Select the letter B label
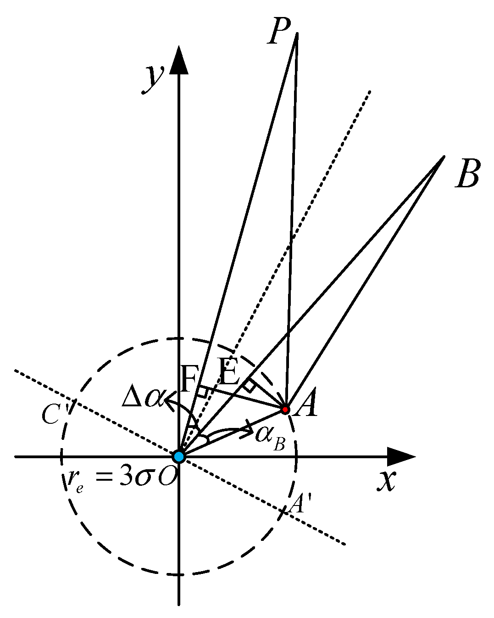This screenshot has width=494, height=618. tap(467, 174)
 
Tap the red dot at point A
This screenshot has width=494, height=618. tap(285, 409)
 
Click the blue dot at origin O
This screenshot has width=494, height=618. tap(178, 456)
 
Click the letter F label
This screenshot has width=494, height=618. tap(189, 379)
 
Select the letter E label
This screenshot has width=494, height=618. tap(229, 371)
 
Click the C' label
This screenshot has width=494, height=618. tap(52, 415)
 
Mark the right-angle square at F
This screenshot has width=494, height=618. tap(202, 392)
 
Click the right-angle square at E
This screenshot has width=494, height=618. tap(249, 386)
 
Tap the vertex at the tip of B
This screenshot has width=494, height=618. tap(444, 157)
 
